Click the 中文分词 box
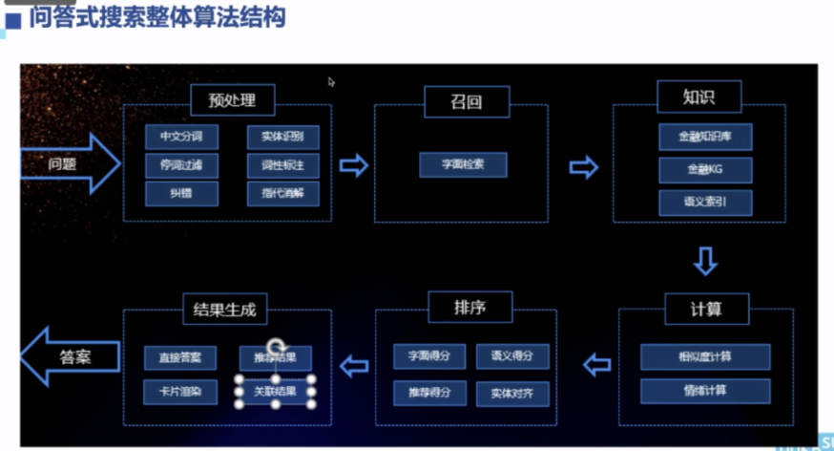tap(181, 138)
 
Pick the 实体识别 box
tap(282, 138)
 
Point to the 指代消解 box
tap(282, 192)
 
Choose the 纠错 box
tap(181, 192)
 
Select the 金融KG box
tap(705, 170)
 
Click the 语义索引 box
tap(705, 202)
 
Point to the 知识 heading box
tap(698, 97)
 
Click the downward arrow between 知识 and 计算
tap(705, 261)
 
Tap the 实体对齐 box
tap(512, 393)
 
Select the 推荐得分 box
tap(429, 393)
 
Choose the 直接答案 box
tap(181, 358)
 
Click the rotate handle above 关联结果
tap(276, 346)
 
